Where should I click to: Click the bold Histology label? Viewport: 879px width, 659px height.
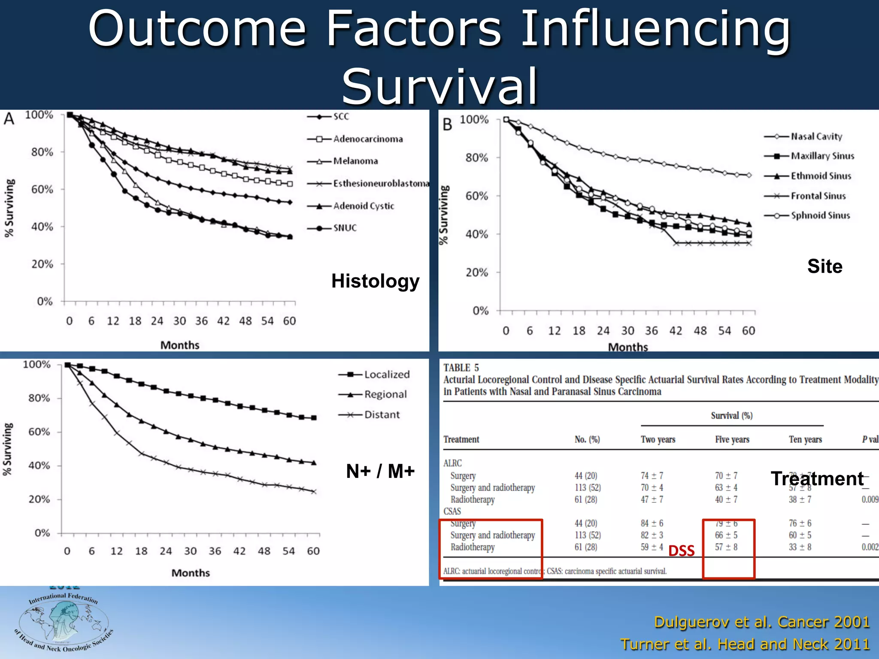tap(375, 281)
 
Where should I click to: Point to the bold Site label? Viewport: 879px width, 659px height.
tap(824, 266)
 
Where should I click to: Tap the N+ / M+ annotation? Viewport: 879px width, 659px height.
tap(380, 472)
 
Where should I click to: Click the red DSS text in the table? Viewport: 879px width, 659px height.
tap(682, 550)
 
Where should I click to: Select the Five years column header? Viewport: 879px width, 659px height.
tap(732, 439)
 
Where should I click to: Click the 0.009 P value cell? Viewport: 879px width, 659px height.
tap(870, 499)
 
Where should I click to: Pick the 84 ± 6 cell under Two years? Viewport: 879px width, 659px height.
tap(652, 523)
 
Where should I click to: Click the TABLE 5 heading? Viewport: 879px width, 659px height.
tap(461, 368)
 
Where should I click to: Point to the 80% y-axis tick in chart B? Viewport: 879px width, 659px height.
tap(477, 158)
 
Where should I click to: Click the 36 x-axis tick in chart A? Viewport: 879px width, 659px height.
tap(201, 321)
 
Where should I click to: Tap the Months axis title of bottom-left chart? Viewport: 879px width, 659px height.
tap(191, 573)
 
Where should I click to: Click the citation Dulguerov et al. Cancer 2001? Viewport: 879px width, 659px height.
tap(761, 622)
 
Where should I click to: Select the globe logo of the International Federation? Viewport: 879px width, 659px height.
tap(64, 621)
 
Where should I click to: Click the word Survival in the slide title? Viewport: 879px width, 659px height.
tap(439, 86)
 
